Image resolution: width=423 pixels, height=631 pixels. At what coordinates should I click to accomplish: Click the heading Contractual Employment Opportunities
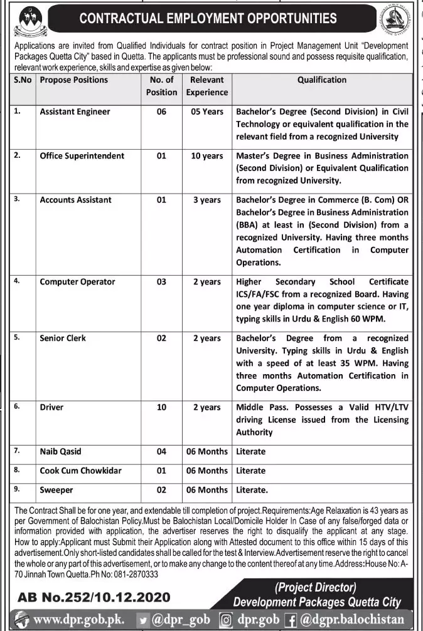[x=207, y=19]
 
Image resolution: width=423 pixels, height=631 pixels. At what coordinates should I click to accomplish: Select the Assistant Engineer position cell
[x=75, y=112]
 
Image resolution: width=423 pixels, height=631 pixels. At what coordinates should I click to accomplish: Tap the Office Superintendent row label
[x=82, y=155]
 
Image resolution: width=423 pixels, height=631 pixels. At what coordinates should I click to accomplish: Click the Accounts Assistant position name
[x=75, y=200]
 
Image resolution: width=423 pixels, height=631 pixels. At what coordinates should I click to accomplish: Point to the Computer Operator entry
[x=77, y=282]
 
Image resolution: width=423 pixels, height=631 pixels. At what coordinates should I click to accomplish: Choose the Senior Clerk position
[x=63, y=338]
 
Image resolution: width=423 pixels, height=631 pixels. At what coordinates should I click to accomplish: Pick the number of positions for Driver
[x=161, y=407]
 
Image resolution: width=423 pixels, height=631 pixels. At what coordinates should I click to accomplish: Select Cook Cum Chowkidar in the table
[x=80, y=471]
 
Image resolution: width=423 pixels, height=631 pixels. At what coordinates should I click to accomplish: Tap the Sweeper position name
[x=56, y=490]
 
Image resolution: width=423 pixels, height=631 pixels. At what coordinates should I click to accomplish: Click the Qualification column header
[x=322, y=80]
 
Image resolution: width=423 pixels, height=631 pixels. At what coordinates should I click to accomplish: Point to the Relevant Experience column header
[x=206, y=86]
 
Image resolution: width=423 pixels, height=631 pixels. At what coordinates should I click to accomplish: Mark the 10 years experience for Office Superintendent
[x=206, y=155]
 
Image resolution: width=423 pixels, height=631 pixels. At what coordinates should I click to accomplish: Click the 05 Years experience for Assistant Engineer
[x=206, y=112]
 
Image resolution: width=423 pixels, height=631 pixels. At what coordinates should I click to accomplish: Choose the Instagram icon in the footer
[x=227, y=620]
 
